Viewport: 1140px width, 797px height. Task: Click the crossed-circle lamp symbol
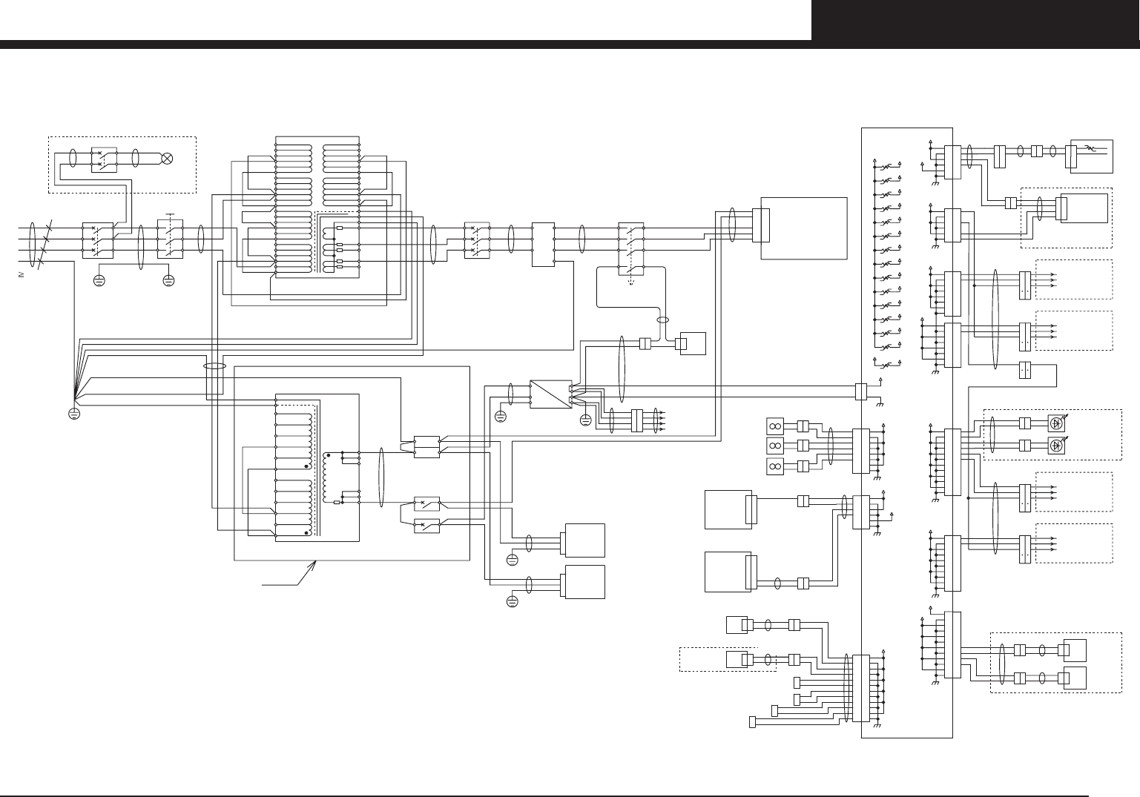(x=168, y=158)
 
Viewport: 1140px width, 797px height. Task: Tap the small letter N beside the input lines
(x=21, y=275)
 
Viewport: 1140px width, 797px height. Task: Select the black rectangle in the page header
(x=975, y=20)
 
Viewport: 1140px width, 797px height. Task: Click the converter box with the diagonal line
(x=549, y=394)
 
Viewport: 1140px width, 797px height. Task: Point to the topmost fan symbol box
(x=774, y=426)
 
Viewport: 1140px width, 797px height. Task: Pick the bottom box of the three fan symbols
(x=774, y=466)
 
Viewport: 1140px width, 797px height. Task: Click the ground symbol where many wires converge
(x=74, y=413)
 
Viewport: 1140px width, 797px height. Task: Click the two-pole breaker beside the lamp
(x=103, y=159)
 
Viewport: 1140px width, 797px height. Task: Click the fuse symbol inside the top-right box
(x=1089, y=148)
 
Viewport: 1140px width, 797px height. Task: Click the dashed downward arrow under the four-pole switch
(x=631, y=282)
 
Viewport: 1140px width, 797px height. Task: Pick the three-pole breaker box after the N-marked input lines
(x=98, y=240)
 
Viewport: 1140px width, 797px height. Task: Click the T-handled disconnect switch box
(x=170, y=240)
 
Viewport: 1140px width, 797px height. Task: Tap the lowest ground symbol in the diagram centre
(x=512, y=601)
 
